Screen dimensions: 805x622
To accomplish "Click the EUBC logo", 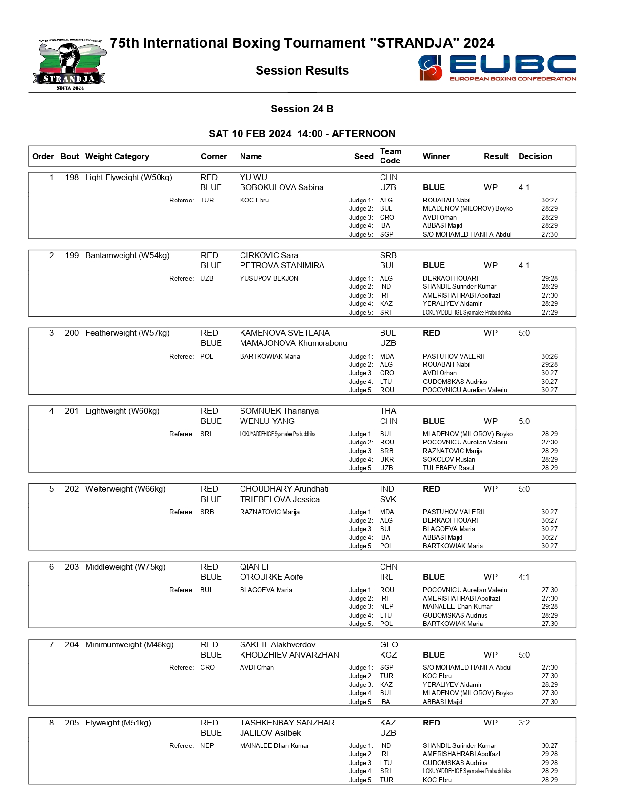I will pyautogui.click(x=497, y=68).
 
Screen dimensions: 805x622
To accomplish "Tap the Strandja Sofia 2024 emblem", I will pyautogui.click(x=69, y=65).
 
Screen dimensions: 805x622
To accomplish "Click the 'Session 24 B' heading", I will pyautogui.click(x=302, y=109).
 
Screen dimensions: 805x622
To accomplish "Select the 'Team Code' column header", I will pyautogui.click(x=390, y=156).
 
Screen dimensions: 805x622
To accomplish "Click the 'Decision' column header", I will pyautogui.click(x=535, y=156).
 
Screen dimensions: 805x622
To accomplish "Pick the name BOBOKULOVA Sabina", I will pyautogui.click(x=281, y=188).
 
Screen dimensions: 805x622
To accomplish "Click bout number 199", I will pyautogui.click(x=72, y=256).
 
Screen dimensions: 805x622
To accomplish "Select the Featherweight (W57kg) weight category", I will pyautogui.click(x=127, y=333).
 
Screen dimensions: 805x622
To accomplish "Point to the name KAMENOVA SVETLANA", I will pyautogui.click(x=285, y=333).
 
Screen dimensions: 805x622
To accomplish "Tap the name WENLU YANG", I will pyautogui.click(x=267, y=422).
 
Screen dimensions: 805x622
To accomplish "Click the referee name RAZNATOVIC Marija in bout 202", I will pyautogui.click(x=270, y=512).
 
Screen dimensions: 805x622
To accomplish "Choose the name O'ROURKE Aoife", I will pyautogui.click(x=271, y=577).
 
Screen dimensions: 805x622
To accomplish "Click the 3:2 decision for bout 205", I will pyautogui.click(x=524, y=723).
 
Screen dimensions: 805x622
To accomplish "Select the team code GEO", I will pyautogui.click(x=389, y=645).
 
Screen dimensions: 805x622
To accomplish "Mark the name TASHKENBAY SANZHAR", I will pyautogui.click(x=287, y=723).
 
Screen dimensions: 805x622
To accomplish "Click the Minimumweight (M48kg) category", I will pyautogui.click(x=129, y=645).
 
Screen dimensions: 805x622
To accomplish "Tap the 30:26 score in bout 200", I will pyautogui.click(x=549, y=357).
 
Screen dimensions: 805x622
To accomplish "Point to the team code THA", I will pyautogui.click(x=388, y=411).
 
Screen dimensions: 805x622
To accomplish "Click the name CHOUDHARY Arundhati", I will pyautogui.click(x=284, y=489).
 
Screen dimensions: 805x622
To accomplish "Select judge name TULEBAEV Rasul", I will pyautogui.click(x=448, y=468).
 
